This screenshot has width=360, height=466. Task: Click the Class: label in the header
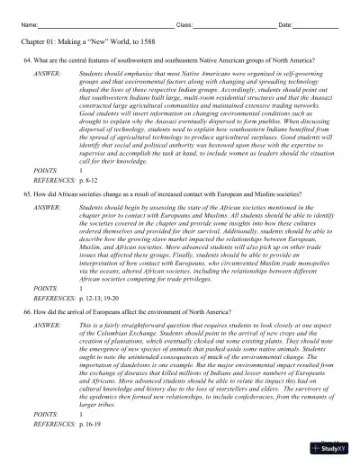point(184,24)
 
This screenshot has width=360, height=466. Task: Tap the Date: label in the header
point(285,24)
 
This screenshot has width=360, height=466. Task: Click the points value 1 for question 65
point(82,287)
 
